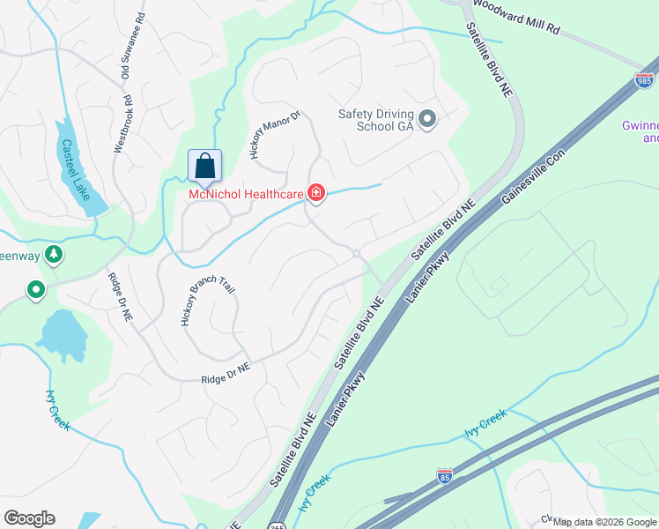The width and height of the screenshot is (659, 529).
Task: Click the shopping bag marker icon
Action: pyautogui.click(x=204, y=165)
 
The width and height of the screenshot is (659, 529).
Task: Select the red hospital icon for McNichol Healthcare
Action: pyautogui.click(x=315, y=193)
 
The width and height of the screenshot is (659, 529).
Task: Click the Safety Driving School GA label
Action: pyautogui.click(x=376, y=119)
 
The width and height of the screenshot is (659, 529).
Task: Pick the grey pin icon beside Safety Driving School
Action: pyautogui.click(x=428, y=119)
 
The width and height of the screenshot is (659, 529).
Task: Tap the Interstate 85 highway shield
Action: pyautogui.click(x=445, y=475)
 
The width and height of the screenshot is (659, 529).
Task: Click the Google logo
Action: pyautogui.click(x=29, y=518)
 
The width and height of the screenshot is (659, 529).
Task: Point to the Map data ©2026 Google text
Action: pyautogui.click(x=604, y=522)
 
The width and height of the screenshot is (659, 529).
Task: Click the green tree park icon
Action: pyautogui.click(x=55, y=255)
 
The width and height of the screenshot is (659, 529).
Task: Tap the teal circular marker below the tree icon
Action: pyautogui.click(x=35, y=289)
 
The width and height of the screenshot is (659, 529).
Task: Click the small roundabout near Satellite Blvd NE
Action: pyautogui.click(x=356, y=254)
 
